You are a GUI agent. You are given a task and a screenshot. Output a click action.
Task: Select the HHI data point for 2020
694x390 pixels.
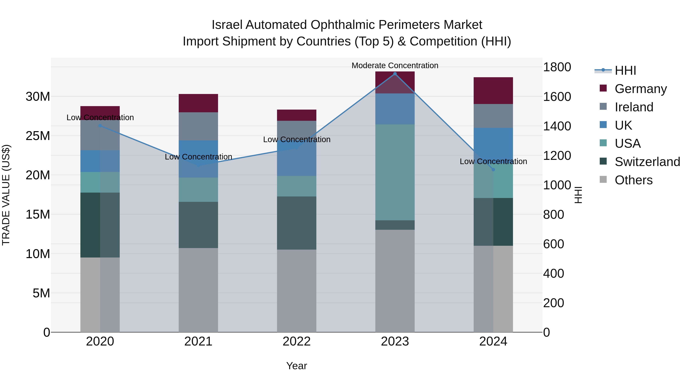click(100, 126)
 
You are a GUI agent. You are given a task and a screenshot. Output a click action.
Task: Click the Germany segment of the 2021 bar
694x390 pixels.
click(198, 103)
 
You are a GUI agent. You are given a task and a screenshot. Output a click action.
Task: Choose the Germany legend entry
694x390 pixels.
click(640, 89)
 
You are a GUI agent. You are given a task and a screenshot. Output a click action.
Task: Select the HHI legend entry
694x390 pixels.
click(625, 70)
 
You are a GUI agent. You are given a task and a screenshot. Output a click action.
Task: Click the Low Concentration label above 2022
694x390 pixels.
click(297, 139)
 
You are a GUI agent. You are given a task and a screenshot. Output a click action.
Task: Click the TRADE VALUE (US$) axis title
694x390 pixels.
click(6, 195)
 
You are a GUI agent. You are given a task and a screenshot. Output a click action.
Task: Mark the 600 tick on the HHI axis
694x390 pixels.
click(553, 244)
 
